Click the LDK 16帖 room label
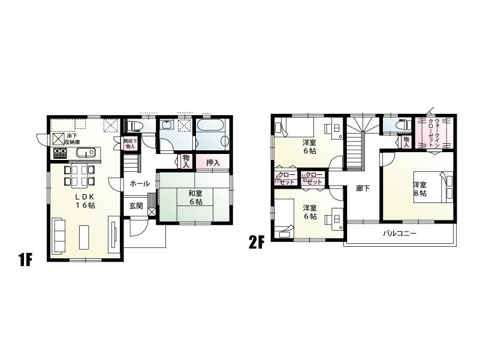tap(84, 201)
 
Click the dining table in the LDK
tap(79, 174)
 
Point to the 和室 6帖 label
tap(194, 197)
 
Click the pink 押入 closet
tap(213, 162)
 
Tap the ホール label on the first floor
tap(140, 184)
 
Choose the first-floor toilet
tap(135, 126)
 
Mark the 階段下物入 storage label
tap(130, 144)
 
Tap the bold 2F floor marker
tap(256, 243)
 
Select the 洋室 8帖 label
tap(419, 189)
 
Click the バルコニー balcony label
tap(400, 234)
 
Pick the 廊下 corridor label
tap(363, 189)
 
